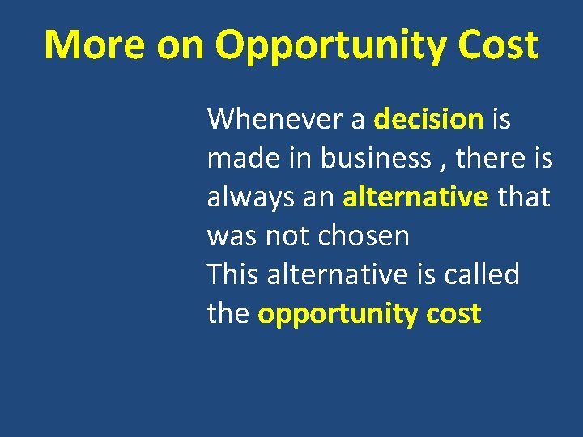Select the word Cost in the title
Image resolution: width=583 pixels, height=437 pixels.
point(497,45)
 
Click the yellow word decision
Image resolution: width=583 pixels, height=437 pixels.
point(428,119)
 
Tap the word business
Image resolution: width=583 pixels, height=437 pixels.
point(376,158)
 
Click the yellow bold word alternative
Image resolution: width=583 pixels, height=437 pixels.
point(415,197)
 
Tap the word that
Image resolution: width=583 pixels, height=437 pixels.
point(524,197)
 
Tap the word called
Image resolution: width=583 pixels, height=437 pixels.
point(484,274)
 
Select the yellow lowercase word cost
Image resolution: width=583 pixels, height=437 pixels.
point(455,313)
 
